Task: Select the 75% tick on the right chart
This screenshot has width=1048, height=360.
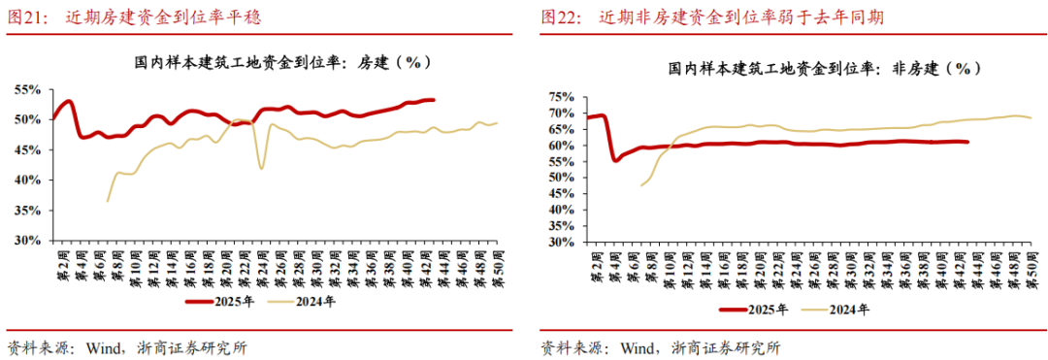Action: click(560, 97)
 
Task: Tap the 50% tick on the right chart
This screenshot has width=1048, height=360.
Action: click(560, 178)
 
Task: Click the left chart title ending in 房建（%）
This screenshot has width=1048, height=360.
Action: click(281, 61)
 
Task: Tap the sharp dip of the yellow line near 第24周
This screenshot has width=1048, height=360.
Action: click(262, 169)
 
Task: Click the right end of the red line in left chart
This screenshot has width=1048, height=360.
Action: click(434, 100)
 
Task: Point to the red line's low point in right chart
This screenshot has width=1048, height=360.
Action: click(615, 160)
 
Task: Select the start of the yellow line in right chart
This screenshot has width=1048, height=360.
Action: click(641, 184)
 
